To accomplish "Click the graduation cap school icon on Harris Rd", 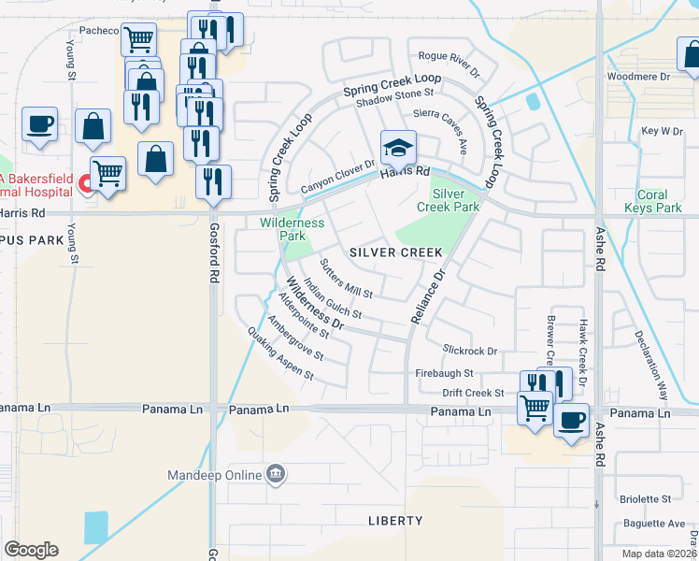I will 398,147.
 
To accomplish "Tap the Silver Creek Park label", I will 454,199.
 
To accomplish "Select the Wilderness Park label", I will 292,229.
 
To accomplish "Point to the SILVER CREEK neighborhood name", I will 395,253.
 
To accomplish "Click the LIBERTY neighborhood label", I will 395,520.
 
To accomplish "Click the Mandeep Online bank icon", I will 275,474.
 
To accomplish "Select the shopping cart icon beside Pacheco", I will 139,39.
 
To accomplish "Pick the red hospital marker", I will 85,183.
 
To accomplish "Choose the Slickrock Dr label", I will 470,350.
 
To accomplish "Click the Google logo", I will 31,550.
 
